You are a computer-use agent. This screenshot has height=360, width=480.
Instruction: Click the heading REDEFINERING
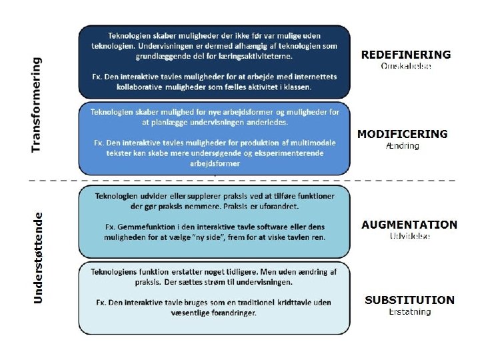(x=405, y=55)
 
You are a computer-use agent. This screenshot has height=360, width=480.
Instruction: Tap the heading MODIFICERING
(x=402, y=134)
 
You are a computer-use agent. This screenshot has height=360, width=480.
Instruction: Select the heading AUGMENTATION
(x=409, y=225)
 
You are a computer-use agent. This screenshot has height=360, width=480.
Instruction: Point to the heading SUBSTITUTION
(x=409, y=300)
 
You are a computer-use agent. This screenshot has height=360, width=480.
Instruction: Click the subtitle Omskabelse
(x=406, y=66)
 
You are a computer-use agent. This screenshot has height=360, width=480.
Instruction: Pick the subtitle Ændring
(x=403, y=145)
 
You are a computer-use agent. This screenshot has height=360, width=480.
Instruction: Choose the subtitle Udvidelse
(x=409, y=236)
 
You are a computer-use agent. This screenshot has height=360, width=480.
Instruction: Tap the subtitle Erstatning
(x=409, y=311)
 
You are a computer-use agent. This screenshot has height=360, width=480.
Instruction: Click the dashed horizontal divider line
(x=240, y=180)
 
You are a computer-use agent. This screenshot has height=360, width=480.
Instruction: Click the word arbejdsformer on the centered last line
(x=215, y=163)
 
